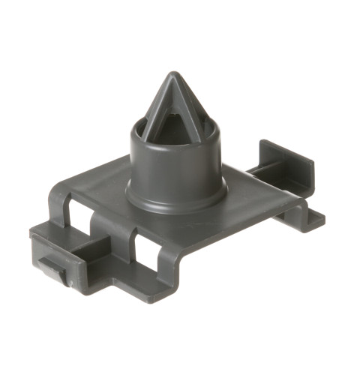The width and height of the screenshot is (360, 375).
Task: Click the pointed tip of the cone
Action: pyautogui.click(x=173, y=76)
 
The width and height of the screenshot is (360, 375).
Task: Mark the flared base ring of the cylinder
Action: pyautogui.click(x=175, y=197)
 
